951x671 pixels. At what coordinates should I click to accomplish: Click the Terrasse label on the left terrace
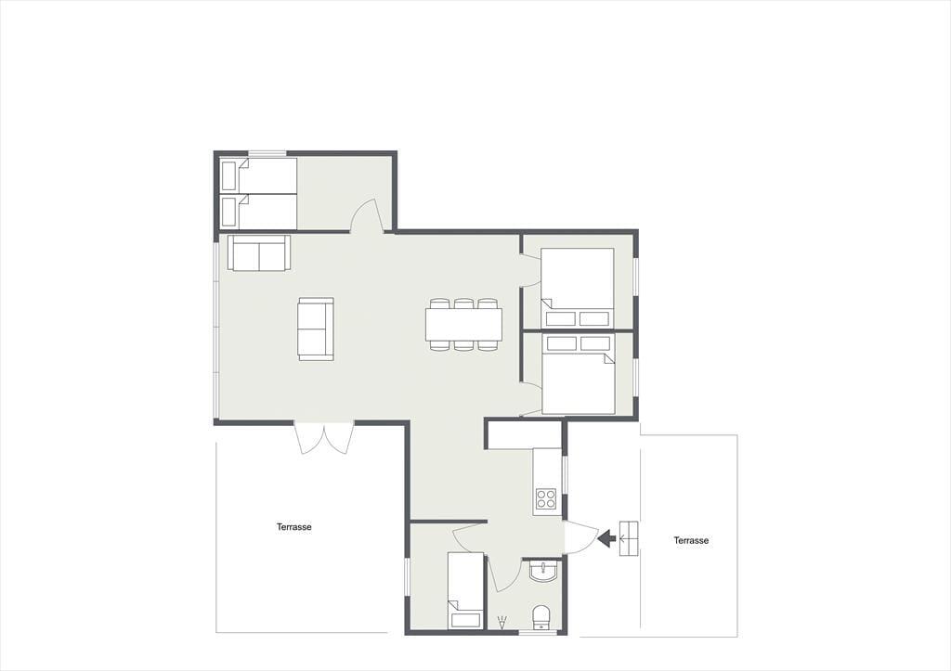[294, 527]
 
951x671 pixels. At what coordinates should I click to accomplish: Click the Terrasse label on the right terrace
[691, 540]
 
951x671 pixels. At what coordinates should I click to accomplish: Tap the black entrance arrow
[607, 537]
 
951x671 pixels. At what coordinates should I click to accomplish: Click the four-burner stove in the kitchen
[546, 499]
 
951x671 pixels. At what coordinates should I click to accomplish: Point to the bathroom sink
[542, 572]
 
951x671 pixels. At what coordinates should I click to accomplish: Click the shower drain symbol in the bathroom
[502, 623]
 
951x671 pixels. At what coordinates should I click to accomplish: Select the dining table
[464, 324]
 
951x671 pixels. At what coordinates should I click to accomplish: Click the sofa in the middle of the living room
[316, 329]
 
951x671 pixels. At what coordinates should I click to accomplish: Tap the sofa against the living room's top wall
[259, 252]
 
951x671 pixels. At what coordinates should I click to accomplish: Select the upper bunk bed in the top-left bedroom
[258, 175]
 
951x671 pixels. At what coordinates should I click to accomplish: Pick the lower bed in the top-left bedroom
[258, 213]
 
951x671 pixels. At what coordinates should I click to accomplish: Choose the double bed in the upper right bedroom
[578, 288]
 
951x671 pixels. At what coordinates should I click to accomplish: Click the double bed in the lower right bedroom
[579, 374]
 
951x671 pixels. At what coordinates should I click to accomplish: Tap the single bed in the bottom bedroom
[466, 590]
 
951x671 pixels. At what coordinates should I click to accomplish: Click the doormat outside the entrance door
[629, 538]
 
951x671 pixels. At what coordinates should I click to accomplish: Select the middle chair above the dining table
[464, 303]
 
